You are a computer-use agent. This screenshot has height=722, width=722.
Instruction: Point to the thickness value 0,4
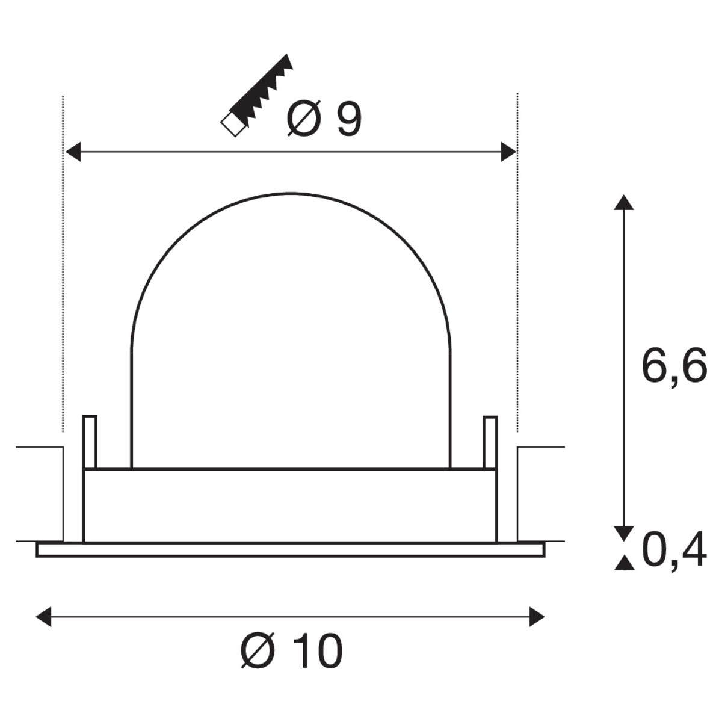pos(673,552)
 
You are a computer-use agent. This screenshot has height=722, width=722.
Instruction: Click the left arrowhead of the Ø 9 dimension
pos(73,152)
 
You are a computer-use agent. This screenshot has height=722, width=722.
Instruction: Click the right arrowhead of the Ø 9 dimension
pos(508,152)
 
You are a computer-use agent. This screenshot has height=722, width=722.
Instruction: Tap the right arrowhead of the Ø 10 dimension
pos(537,617)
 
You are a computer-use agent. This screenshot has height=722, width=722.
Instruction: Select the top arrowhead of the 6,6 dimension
pos(623,202)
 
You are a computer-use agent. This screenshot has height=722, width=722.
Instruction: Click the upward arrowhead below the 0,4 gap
pos(623,563)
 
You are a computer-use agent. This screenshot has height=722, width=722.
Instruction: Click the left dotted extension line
pos(63,265)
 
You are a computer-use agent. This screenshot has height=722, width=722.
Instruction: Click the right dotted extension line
pos(517,265)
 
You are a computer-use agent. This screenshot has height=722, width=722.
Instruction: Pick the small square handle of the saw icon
pos(231,124)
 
